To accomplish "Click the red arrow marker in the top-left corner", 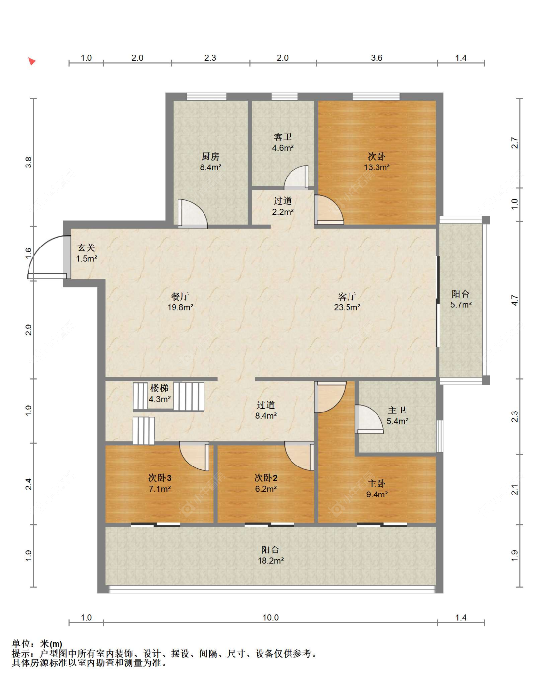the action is [x=31, y=61].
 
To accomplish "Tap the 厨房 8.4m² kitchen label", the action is [x=210, y=162].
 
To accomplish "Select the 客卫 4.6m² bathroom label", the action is [x=283, y=142].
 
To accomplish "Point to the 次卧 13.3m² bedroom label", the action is [x=377, y=162].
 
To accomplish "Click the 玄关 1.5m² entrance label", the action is [x=87, y=253].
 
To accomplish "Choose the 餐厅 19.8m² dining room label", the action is [x=180, y=302].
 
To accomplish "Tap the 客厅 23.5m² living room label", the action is [x=347, y=302].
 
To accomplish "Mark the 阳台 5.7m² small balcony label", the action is [x=461, y=300].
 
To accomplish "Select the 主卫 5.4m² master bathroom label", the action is [x=397, y=416].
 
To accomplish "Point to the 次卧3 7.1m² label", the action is [x=160, y=483].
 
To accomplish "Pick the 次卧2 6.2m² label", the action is [x=266, y=483].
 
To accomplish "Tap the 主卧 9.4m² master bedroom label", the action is [x=377, y=489].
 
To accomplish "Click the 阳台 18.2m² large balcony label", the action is [x=270, y=555].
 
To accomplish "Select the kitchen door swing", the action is [x=193, y=214].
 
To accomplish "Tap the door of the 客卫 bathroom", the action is [x=296, y=177].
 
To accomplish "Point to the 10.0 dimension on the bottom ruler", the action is [x=270, y=617].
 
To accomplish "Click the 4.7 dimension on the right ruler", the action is [x=515, y=301].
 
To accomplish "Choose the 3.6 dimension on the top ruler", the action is [x=377, y=58].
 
